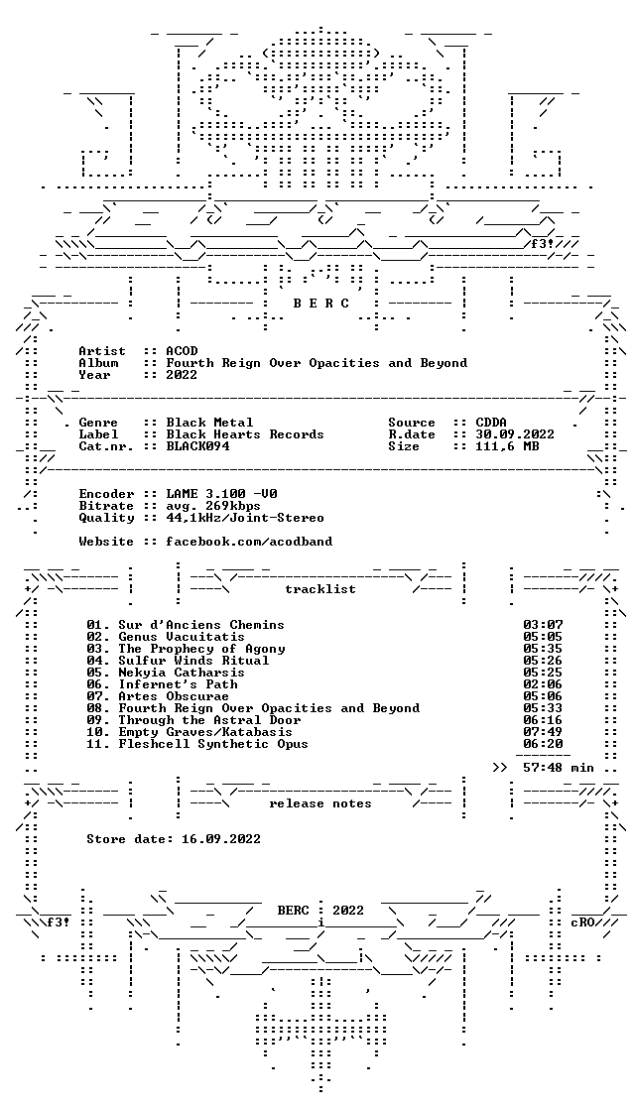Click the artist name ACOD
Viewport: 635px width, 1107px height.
tap(182, 351)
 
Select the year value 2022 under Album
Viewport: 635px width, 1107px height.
tap(182, 375)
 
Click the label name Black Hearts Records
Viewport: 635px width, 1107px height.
tap(245, 434)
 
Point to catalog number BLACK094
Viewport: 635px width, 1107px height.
tap(197, 446)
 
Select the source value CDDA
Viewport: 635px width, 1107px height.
tap(491, 423)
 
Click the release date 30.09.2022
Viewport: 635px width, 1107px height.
tap(515, 434)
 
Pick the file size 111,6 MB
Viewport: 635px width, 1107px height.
tap(507, 446)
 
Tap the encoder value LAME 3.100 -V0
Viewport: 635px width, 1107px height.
tap(221, 494)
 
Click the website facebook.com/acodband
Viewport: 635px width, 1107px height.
tap(249, 542)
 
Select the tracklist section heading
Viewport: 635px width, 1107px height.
tap(319, 589)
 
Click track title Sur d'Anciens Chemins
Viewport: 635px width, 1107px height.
tap(201, 625)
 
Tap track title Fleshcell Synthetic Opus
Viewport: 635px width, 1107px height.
tap(213, 743)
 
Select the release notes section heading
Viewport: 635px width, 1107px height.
tap(319, 803)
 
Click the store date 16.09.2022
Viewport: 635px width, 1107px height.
tap(221, 839)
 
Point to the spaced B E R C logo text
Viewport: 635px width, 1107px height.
tap(320, 304)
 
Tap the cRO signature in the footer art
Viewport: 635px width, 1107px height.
tap(582, 922)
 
